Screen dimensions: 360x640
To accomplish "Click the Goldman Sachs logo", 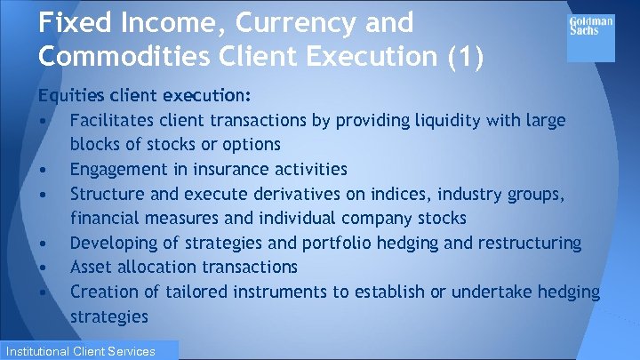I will (x=591, y=26).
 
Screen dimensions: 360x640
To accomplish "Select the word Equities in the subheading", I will (x=68, y=95).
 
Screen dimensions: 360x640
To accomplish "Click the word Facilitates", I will (x=113, y=120).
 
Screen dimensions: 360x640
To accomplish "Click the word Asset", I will (x=93, y=267).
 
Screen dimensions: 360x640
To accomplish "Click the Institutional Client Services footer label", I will (x=90, y=351).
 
